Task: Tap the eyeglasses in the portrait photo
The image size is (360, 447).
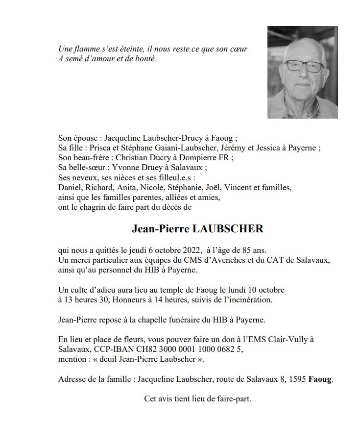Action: point(304,66)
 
